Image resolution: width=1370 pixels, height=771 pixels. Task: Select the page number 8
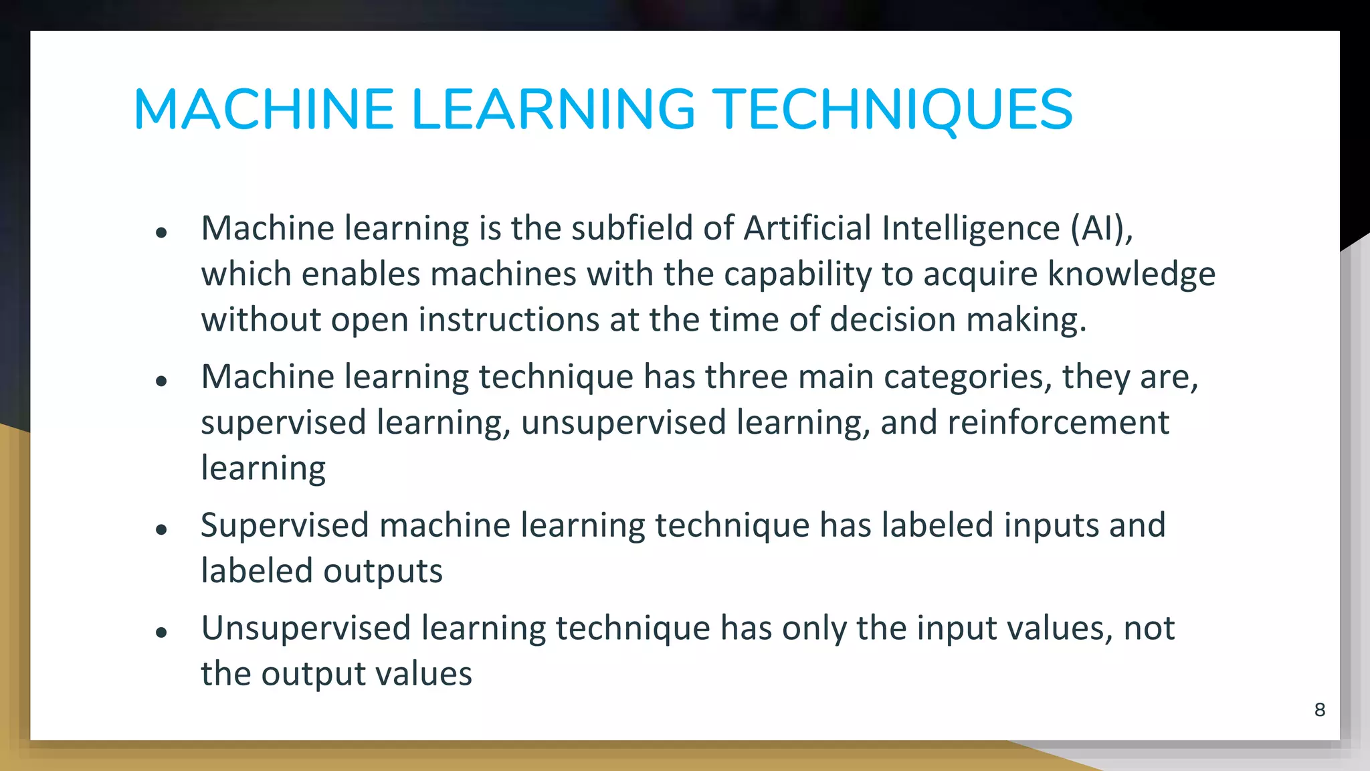point(1320,709)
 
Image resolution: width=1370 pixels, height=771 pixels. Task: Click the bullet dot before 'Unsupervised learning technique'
point(161,632)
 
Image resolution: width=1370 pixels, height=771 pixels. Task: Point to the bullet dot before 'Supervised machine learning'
point(161,529)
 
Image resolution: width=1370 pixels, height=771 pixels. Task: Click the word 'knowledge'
point(1131,274)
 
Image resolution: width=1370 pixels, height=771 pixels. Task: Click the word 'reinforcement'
point(1058,423)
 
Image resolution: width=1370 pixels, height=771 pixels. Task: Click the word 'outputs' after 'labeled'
point(383,572)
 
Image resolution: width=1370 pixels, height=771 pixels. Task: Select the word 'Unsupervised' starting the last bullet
point(306,628)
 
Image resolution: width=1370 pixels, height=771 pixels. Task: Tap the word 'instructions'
point(508,320)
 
